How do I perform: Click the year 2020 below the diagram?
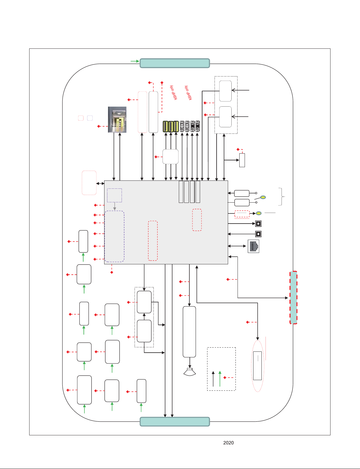point(228,443)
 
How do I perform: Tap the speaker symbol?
point(189,372)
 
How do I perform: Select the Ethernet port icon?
point(253,246)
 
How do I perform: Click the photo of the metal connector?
point(117,120)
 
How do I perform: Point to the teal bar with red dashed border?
point(293,298)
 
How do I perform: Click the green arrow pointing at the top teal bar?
point(135,61)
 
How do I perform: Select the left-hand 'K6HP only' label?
point(174,93)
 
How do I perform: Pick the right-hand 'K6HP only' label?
point(188,93)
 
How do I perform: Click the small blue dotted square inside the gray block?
point(114,195)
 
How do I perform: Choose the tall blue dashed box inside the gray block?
point(114,236)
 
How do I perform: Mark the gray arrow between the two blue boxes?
point(115,206)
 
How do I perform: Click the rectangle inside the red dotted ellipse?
point(257,366)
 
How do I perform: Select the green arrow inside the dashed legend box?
point(220,379)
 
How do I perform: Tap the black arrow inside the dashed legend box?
point(213,379)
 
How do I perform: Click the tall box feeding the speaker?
point(189,332)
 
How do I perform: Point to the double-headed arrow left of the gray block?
point(100,183)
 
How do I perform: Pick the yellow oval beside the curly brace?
point(263,197)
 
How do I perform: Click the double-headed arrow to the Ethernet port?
point(237,246)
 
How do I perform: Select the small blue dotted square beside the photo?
point(90,118)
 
